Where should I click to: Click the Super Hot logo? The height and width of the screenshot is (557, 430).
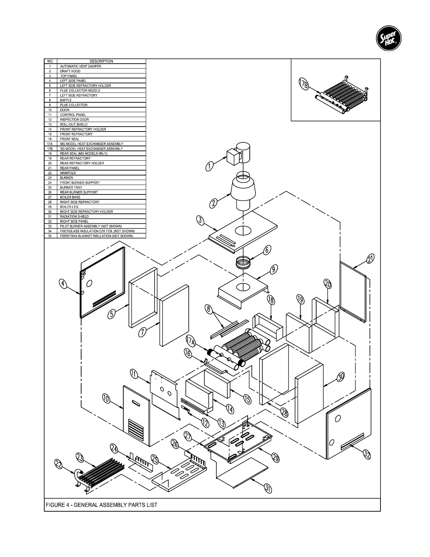[x=388, y=39]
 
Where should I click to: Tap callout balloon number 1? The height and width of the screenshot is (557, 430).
[x=210, y=166]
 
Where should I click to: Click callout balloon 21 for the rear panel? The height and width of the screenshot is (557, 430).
[x=370, y=259]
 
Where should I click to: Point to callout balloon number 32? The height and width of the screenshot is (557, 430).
[x=366, y=455]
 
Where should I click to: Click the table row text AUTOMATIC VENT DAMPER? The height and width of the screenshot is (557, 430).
[x=80, y=66]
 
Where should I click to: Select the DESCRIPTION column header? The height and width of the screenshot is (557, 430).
[x=101, y=61]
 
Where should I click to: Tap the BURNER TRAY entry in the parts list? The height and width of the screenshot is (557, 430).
[x=71, y=187]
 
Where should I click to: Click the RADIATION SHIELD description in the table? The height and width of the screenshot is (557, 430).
[x=74, y=217]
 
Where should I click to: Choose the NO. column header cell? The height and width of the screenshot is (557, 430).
[x=50, y=61]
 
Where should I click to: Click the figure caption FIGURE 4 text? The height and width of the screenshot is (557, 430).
[x=102, y=505]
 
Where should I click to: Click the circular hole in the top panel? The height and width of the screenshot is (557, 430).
[x=243, y=231]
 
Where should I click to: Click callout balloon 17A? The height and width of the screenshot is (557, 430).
[x=191, y=341]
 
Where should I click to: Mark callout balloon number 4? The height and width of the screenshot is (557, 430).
[x=63, y=283]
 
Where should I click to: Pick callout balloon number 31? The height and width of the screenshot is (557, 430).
[x=268, y=488]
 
